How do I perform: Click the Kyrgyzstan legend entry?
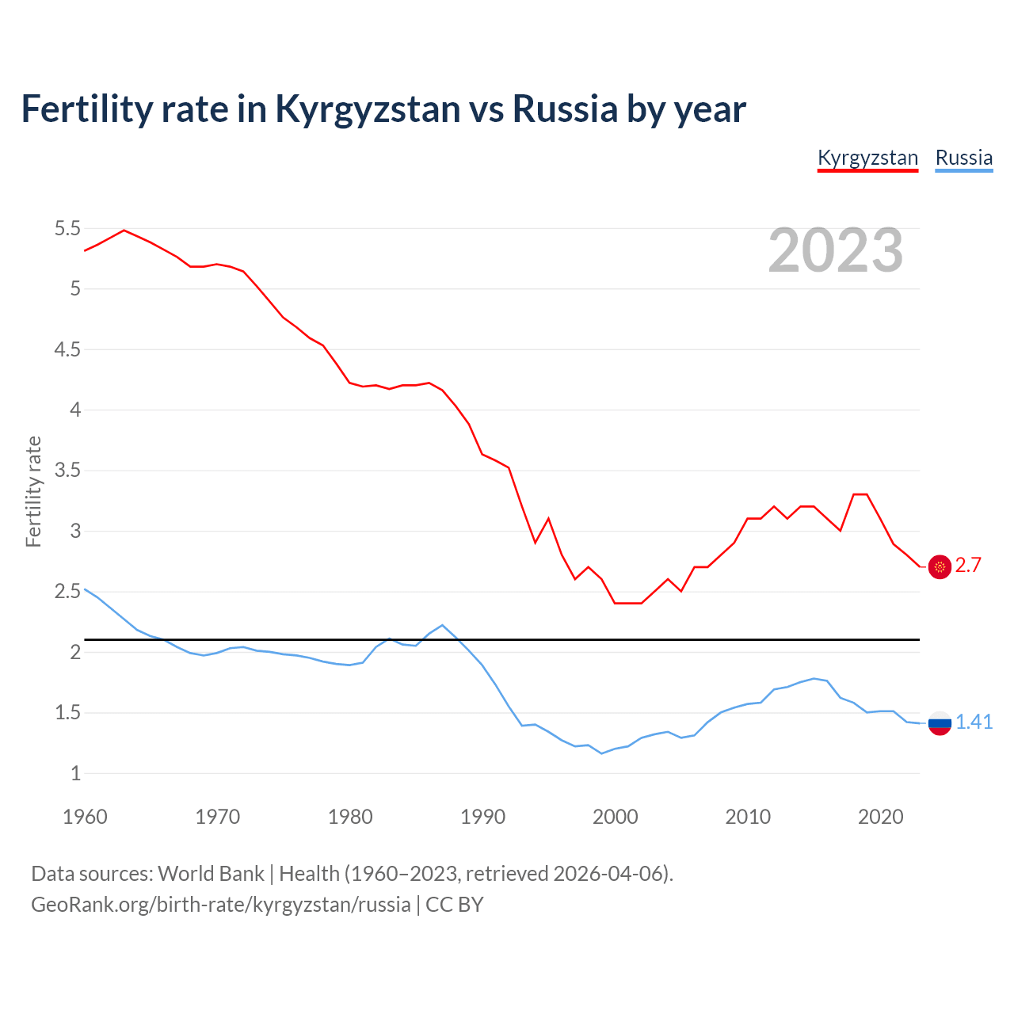pos(867,158)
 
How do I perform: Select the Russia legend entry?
pos(963,158)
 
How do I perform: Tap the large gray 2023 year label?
pos(835,250)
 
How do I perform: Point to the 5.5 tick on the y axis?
pos(67,229)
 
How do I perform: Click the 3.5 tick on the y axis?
pos(67,471)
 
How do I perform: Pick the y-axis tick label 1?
pos(76,774)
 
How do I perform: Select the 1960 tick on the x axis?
pos(85,817)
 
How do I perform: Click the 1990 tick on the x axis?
pos(482,817)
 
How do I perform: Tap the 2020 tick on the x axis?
pos(880,817)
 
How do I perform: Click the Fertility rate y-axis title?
pos(33,491)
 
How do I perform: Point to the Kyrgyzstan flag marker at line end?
pos(940,567)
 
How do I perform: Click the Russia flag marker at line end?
pos(940,722)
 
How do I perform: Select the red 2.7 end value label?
pos(968,566)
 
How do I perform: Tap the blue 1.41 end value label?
pos(974,722)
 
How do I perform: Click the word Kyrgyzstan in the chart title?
pos(368,109)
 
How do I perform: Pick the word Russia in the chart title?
pos(565,109)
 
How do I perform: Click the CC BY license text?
pos(455,905)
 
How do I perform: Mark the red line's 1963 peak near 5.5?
pos(124,231)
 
